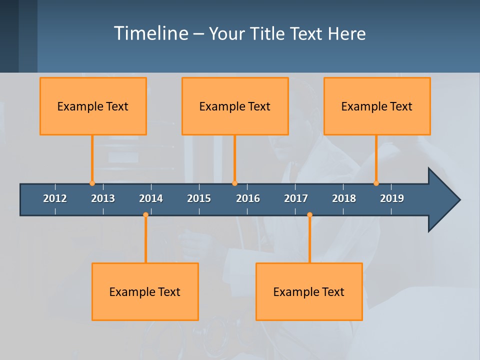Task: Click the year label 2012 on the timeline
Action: pyautogui.click(x=55, y=198)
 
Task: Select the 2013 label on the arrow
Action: pyautogui.click(x=103, y=198)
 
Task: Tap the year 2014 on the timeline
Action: pyautogui.click(x=151, y=198)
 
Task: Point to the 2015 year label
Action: pyautogui.click(x=199, y=198)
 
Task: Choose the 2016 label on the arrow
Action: pyautogui.click(x=248, y=198)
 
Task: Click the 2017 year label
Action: pyautogui.click(x=296, y=198)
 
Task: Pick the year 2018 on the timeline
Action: pyautogui.click(x=344, y=198)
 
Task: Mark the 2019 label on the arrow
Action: pyautogui.click(x=392, y=198)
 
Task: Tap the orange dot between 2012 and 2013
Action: pyautogui.click(x=92, y=183)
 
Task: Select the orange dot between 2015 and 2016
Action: pyautogui.click(x=234, y=183)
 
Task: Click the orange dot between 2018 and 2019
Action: pyautogui.click(x=376, y=183)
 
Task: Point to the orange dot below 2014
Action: pyautogui.click(x=145, y=215)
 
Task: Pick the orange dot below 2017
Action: pyautogui.click(x=309, y=215)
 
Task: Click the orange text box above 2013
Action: pyautogui.click(x=93, y=106)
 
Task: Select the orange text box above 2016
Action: pyautogui.click(x=235, y=106)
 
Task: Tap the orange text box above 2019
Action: pyautogui.click(x=377, y=106)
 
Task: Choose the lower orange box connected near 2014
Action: pyautogui.click(x=145, y=291)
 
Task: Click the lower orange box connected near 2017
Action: pyautogui.click(x=309, y=291)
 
